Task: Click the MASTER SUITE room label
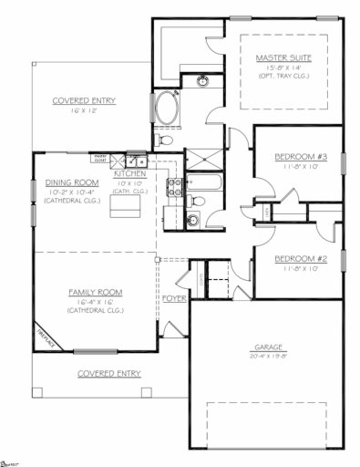tap(283, 57)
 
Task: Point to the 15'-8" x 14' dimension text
tap(283, 68)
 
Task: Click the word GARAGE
tap(270, 348)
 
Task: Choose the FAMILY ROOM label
tap(95, 293)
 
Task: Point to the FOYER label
tap(173, 298)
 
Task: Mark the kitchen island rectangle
tap(125, 209)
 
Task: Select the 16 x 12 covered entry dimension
tap(83, 110)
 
